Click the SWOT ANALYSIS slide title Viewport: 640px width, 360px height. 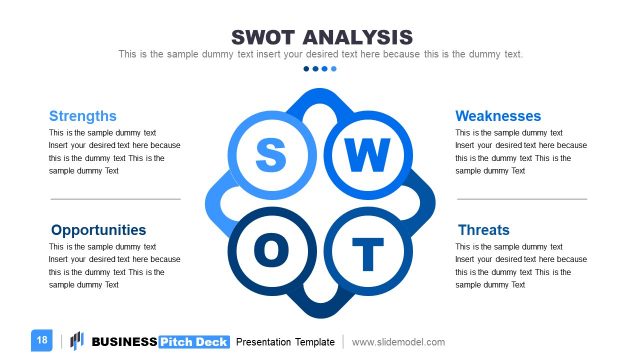[320, 36]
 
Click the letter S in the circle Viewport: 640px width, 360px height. [270, 154]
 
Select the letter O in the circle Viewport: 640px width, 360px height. [270, 251]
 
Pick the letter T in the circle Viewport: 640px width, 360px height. [367, 251]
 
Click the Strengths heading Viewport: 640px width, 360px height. [82, 116]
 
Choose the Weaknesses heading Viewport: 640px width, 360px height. [498, 116]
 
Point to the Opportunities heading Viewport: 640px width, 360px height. [98, 230]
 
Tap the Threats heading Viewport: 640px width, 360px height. [483, 230]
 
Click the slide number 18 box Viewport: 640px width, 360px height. [41, 341]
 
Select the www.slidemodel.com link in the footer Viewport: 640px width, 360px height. [398, 342]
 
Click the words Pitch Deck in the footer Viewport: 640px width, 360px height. [194, 342]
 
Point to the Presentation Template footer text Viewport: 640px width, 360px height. [285, 342]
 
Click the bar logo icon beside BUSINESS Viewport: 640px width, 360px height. [77, 341]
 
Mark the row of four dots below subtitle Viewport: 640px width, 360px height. [320, 69]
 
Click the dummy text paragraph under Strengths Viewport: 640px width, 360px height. [114, 151]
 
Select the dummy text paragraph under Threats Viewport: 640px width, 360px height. [521, 265]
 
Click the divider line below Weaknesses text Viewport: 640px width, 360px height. [521, 199]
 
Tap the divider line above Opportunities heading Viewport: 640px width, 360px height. [114, 199]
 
